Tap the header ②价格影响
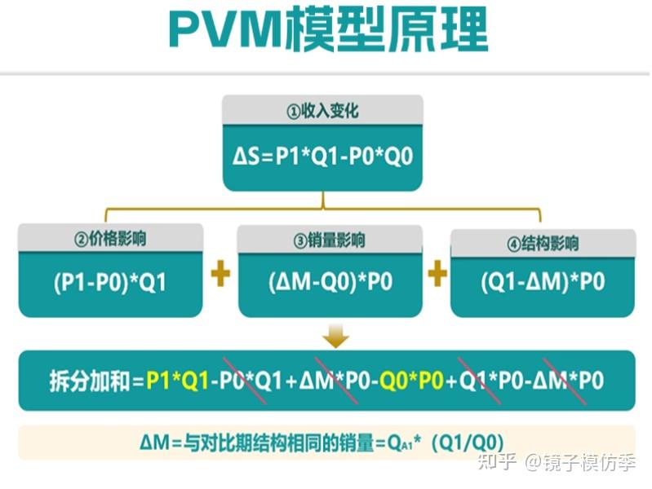(x=110, y=239)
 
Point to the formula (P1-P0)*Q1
(x=110, y=283)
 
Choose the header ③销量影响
(x=330, y=240)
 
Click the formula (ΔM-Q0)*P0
(x=330, y=283)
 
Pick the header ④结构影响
(x=543, y=243)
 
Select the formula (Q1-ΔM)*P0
(x=543, y=283)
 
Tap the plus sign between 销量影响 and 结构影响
(x=437, y=275)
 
